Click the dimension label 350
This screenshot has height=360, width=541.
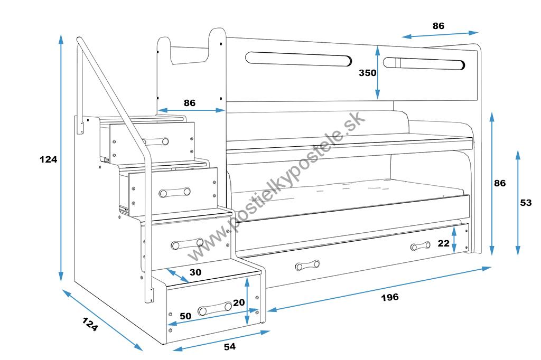click(x=367, y=73)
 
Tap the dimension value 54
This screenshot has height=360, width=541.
click(x=229, y=347)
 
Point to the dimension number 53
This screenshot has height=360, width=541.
click(x=526, y=203)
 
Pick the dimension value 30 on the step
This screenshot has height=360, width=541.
click(x=195, y=272)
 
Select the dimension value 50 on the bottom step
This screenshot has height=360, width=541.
click(x=185, y=316)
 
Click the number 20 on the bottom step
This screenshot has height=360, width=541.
click(x=239, y=302)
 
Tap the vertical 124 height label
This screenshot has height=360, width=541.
click(x=48, y=159)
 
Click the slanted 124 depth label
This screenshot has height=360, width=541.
click(x=90, y=324)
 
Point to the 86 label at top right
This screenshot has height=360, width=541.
click(x=438, y=25)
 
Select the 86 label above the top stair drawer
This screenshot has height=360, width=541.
click(x=189, y=103)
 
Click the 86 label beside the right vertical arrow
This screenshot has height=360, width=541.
click(x=499, y=183)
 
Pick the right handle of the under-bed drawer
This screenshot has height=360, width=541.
click(x=421, y=246)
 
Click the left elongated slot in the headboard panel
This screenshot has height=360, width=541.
click(x=299, y=59)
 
